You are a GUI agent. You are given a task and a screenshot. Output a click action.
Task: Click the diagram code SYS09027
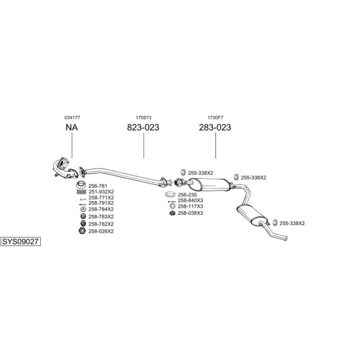point(20,242)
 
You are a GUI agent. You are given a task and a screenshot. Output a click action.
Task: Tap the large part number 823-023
point(143,127)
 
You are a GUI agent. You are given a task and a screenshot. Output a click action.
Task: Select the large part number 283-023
point(215,127)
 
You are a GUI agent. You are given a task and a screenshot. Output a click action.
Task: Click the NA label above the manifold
point(71,127)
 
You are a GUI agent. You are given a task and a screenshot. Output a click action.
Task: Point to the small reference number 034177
point(73,118)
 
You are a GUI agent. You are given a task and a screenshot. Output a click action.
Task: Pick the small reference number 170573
point(143,118)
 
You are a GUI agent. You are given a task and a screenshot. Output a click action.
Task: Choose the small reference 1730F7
point(215,118)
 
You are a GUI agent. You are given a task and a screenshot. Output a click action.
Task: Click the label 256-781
point(98,186)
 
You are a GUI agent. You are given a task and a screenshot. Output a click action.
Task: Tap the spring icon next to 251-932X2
point(82,192)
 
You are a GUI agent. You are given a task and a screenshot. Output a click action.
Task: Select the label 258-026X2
point(101,231)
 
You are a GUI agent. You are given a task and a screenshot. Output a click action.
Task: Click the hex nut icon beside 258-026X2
point(82,231)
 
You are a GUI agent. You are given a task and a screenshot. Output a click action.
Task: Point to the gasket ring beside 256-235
point(170,194)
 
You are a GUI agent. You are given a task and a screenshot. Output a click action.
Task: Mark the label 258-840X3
point(191,200)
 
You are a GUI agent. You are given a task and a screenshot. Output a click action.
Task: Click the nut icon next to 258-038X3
point(172,213)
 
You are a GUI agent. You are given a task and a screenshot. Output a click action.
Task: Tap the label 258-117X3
point(191,206)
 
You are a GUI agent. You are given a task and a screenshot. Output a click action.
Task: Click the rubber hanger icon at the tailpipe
point(275,223)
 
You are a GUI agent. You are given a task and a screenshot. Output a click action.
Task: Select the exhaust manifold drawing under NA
point(65,169)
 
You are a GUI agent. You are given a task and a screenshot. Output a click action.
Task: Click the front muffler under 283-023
point(209,185)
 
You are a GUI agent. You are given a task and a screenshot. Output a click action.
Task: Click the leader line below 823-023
point(144,146)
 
